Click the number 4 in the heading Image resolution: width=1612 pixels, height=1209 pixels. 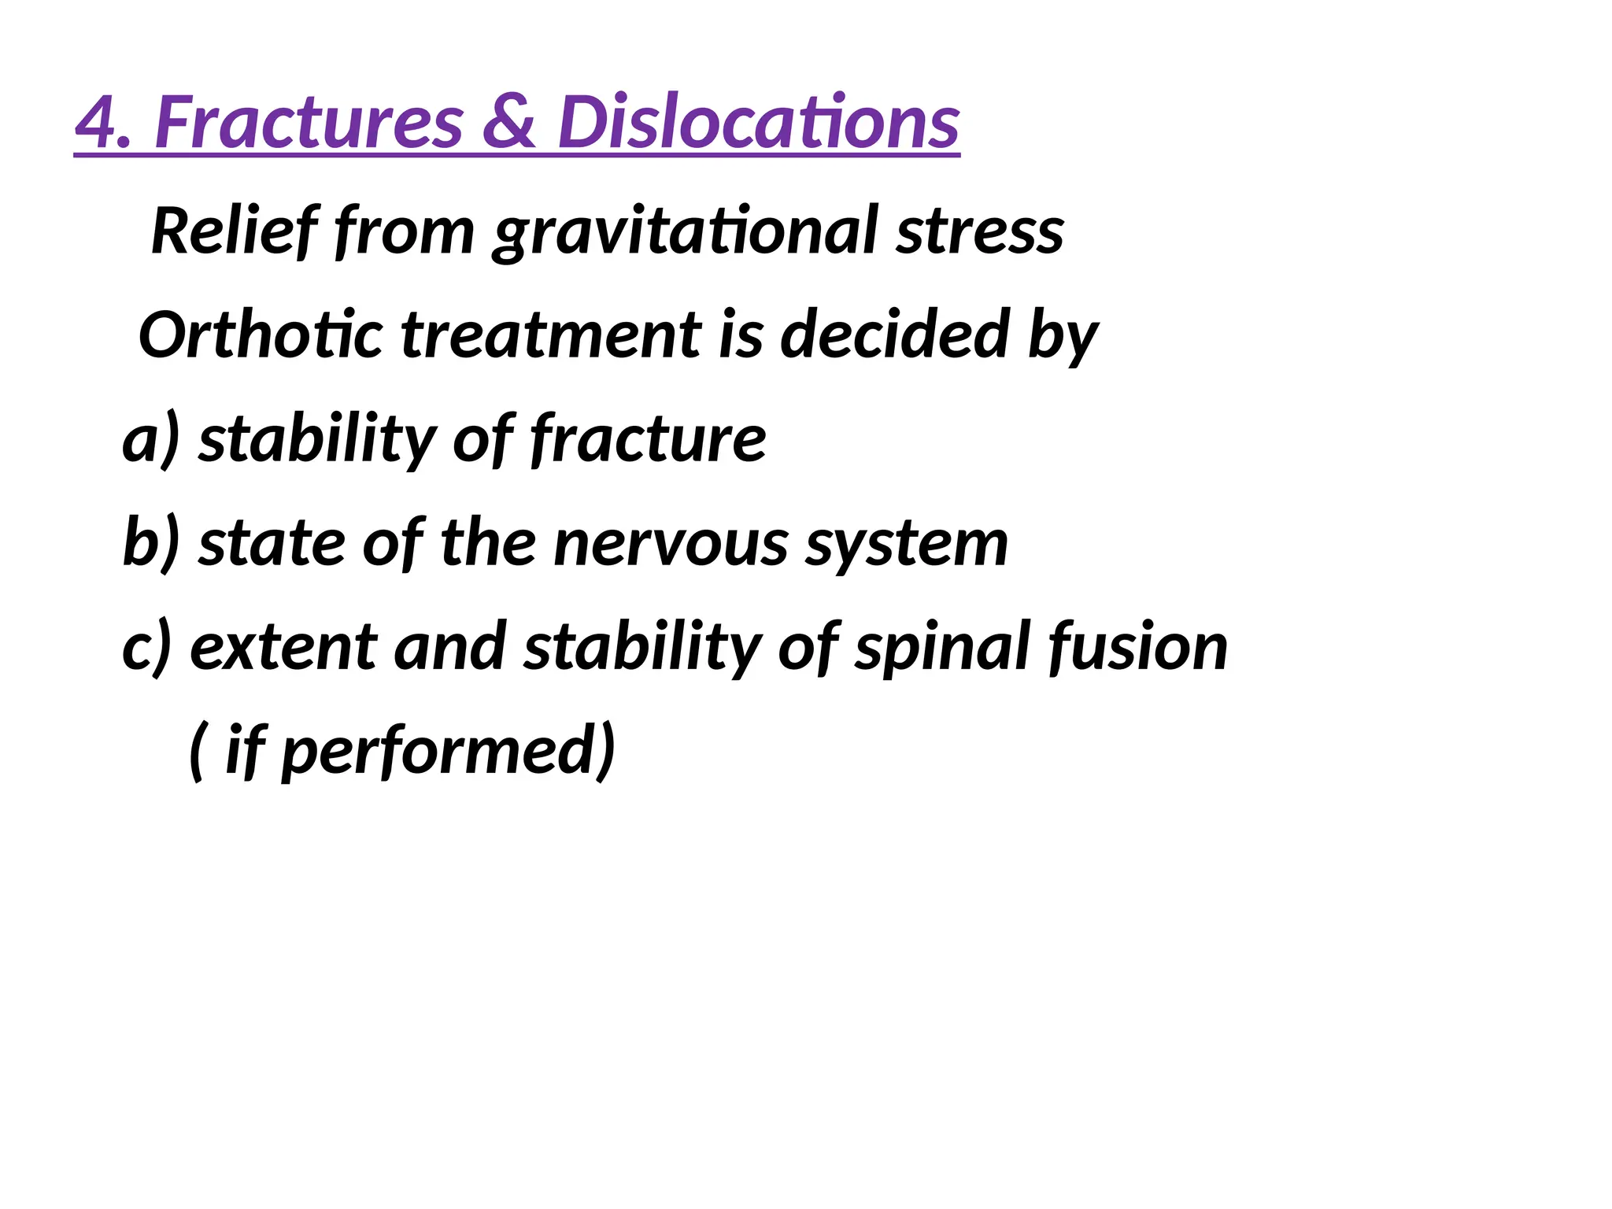(x=101, y=123)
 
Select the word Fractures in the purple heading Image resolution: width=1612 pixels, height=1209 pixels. (x=309, y=123)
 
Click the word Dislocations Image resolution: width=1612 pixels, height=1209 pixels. (x=758, y=123)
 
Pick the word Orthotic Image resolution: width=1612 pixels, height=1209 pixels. (x=261, y=335)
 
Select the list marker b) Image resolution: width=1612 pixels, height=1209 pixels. (x=151, y=543)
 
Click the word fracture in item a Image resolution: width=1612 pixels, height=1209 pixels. (x=648, y=439)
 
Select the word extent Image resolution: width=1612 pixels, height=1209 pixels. (x=283, y=648)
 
